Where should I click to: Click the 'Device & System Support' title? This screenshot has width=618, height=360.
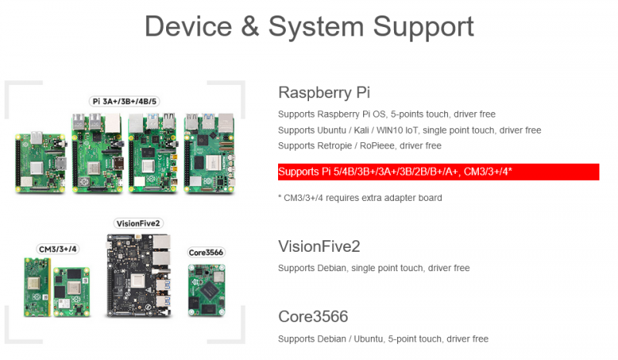point(310,27)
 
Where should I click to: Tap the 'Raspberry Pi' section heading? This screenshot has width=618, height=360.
point(324,93)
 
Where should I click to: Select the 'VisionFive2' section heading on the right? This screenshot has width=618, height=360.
point(319,246)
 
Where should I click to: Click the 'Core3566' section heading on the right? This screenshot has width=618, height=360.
point(313,317)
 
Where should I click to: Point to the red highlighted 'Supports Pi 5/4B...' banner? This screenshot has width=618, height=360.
point(439,172)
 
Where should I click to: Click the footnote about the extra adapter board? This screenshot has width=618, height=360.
point(360,198)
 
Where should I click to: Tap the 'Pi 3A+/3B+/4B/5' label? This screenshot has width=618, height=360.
point(124,101)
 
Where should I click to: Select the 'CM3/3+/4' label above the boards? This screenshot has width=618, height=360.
point(57,250)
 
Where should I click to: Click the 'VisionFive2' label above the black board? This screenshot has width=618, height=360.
point(138,223)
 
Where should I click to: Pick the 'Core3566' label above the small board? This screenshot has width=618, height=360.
point(205,253)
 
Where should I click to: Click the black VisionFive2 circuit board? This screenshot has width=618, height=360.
point(139,276)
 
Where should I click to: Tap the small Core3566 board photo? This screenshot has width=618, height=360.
point(206,290)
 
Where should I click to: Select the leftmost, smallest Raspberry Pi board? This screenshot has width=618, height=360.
point(40,162)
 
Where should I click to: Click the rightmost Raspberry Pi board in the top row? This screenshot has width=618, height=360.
point(209,153)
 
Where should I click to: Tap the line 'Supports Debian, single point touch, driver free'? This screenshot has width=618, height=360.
point(374,268)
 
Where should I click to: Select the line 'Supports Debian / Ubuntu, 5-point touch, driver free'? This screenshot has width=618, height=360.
point(383,339)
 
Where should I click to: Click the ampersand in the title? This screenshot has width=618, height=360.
point(250,27)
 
